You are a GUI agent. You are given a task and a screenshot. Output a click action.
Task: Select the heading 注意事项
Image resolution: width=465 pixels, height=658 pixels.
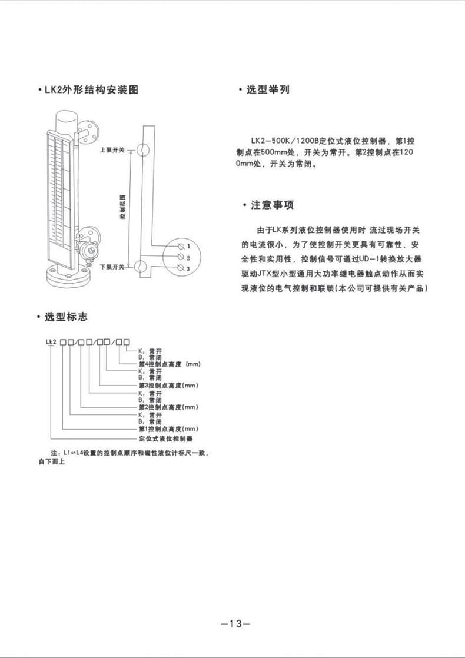pyautogui.click(x=272, y=205)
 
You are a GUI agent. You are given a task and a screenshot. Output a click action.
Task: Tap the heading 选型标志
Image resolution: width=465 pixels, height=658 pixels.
pyautogui.click(x=66, y=317)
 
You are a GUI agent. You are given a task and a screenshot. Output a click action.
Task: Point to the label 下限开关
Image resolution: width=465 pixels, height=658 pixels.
pyautogui.click(x=112, y=267)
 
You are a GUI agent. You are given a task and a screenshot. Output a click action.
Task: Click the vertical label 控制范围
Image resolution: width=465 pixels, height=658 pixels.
pyautogui.click(x=122, y=208)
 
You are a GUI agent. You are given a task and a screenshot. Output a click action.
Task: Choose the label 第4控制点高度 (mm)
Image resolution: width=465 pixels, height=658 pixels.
pyautogui.click(x=169, y=364)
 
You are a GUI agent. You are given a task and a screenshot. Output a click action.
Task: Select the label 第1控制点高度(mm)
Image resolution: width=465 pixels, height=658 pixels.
pyautogui.click(x=168, y=430)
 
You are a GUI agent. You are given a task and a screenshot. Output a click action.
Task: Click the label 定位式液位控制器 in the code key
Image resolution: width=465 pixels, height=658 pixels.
pyautogui.click(x=165, y=439)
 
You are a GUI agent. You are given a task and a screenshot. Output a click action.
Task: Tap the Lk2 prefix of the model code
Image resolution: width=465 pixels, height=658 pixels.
pyautogui.click(x=50, y=342)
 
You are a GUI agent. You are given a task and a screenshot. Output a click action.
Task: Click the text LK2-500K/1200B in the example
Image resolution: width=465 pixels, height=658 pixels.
pyautogui.click(x=284, y=142)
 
